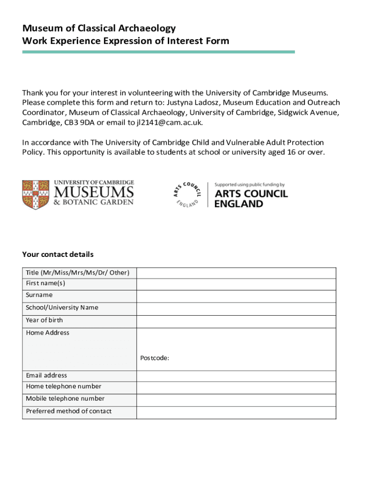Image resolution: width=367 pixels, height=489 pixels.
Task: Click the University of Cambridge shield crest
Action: pyautogui.click(x=36, y=194)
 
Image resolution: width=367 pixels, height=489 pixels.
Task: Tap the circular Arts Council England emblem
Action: pyautogui.click(x=187, y=194)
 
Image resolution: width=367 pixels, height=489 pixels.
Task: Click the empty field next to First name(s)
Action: pyautogui.click(x=236, y=284)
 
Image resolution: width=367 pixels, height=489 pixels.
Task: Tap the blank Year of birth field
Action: pyautogui.click(x=236, y=321)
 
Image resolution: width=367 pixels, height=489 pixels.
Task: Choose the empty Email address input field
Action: pyautogui.click(x=236, y=376)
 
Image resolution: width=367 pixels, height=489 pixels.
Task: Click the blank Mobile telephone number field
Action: pyautogui.click(x=236, y=400)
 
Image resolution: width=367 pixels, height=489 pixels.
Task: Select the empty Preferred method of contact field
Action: pyautogui.click(x=236, y=412)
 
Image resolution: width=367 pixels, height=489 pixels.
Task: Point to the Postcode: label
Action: pyautogui.click(x=155, y=358)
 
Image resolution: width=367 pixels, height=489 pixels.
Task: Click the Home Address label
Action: pyautogui.click(x=48, y=333)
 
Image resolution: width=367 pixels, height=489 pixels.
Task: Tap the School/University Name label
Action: pyautogui.click(x=62, y=308)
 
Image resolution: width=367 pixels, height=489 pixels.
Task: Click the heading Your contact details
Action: pyautogui.click(x=58, y=254)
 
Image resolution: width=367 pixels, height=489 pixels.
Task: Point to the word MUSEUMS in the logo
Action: pyautogui.click(x=93, y=192)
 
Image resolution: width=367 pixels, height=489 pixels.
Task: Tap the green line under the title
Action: pyautogui.click(x=158, y=52)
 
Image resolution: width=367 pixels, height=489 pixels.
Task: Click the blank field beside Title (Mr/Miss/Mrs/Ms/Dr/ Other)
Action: pyautogui.click(x=236, y=273)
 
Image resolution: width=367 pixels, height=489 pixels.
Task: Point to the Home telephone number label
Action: pyautogui.click(x=63, y=386)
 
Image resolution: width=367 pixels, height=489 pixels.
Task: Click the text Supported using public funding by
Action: pyautogui.click(x=249, y=184)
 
